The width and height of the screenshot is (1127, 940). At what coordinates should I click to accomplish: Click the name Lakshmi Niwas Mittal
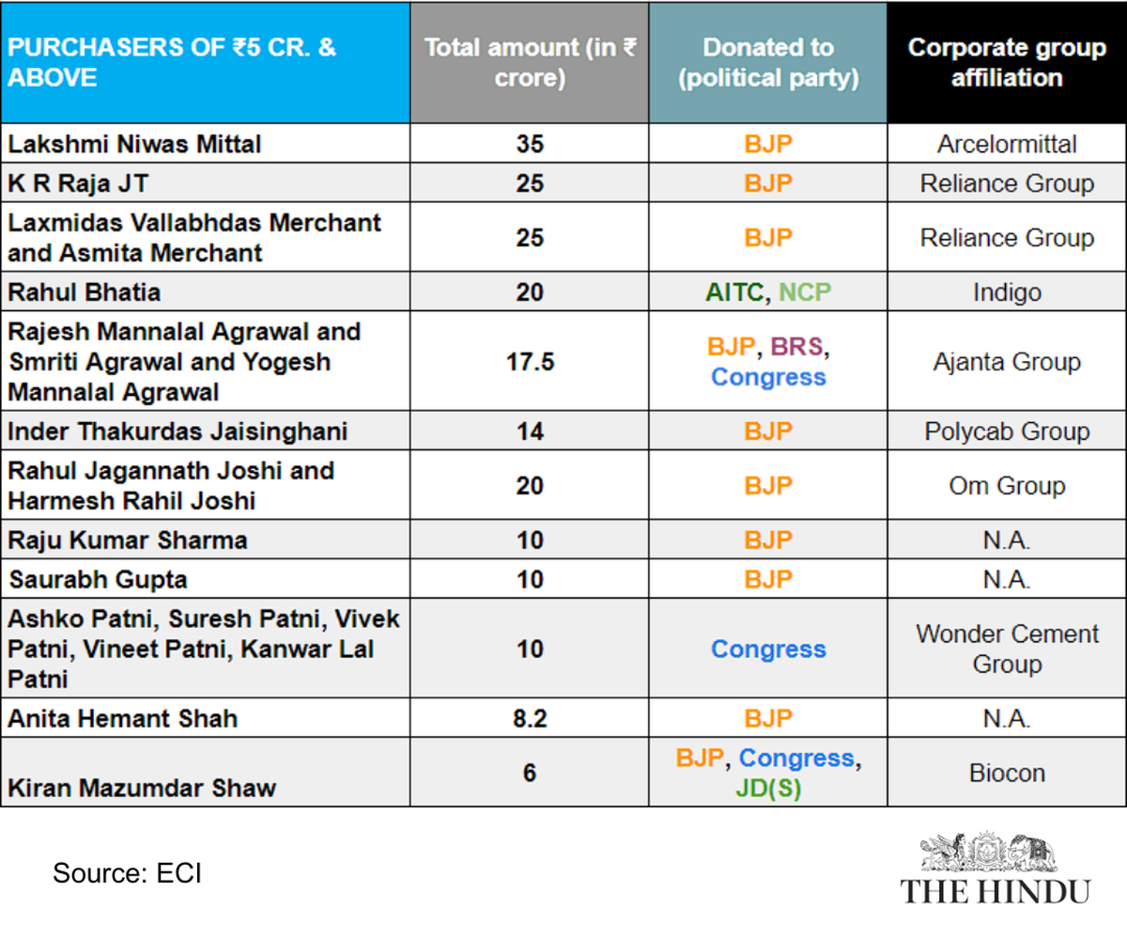click(x=134, y=144)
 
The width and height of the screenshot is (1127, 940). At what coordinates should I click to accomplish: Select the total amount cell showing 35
click(x=530, y=144)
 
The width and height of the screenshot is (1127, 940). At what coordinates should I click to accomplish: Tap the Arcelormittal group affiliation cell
click(x=1007, y=144)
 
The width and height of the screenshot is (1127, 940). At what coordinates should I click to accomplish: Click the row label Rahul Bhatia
click(x=85, y=292)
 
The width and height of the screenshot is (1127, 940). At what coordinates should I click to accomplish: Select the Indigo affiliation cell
click(x=1007, y=292)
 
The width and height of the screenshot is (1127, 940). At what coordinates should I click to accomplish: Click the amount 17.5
click(x=530, y=362)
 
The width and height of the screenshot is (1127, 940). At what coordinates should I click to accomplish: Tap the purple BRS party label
click(x=796, y=347)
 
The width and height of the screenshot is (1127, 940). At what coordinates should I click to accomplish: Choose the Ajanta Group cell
click(x=1007, y=362)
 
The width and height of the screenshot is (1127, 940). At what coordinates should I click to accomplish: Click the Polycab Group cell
click(x=1007, y=431)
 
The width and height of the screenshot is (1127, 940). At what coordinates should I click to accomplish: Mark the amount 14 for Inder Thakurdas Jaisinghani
click(x=530, y=431)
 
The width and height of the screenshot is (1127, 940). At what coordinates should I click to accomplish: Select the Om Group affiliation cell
click(x=1007, y=486)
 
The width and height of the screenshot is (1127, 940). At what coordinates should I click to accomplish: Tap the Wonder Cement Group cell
click(x=1007, y=649)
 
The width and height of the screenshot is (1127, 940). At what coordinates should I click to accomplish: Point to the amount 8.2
click(x=530, y=719)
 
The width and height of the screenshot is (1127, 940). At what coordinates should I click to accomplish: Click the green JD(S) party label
click(x=768, y=789)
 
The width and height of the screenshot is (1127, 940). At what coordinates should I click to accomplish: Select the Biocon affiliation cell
click(x=1007, y=774)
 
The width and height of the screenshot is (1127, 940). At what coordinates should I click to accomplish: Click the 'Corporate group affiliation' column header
click(x=1007, y=63)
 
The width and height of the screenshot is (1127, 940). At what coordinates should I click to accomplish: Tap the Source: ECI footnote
click(x=127, y=873)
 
